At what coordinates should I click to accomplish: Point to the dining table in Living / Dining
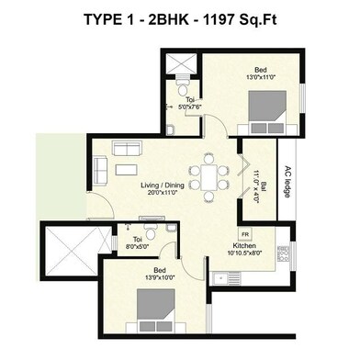209,173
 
